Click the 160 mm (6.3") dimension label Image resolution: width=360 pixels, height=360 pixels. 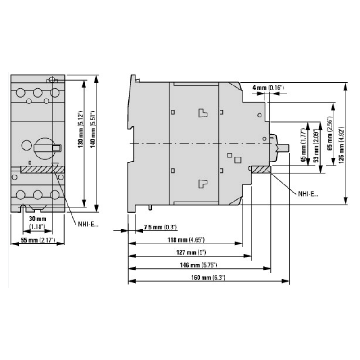[207, 278]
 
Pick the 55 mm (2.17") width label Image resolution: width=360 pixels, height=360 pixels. [38, 240]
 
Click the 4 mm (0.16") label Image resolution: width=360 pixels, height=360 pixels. [268, 87]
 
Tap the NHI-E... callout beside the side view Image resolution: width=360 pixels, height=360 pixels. [307, 194]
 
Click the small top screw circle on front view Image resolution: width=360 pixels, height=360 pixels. [52, 81]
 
